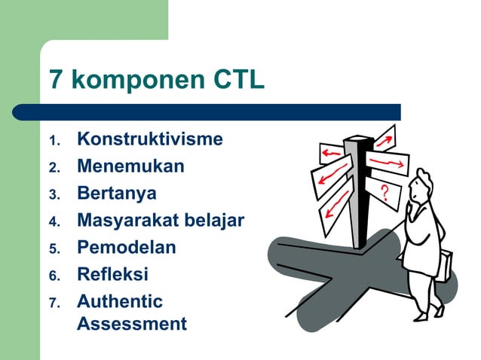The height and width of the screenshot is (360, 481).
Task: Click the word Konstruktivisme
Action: (149, 139)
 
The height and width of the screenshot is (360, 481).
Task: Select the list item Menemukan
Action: (130, 166)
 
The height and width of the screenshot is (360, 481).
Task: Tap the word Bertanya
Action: (117, 193)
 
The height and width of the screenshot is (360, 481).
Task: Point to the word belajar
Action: (216, 221)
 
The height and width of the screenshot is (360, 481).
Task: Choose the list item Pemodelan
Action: (126, 248)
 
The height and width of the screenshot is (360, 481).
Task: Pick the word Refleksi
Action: (112, 274)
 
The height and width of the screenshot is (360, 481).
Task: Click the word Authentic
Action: (119, 301)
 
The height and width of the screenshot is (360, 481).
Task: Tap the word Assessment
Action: (131, 325)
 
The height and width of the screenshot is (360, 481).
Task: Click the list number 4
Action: (53, 223)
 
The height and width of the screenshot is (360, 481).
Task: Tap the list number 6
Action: (53, 276)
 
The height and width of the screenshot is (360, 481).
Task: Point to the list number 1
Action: (53, 142)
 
